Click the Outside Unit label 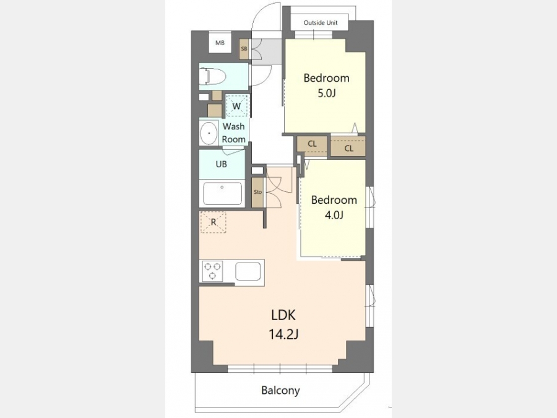tap(321, 23)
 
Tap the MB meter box tap(220, 43)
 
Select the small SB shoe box tap(244, 49)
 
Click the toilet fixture tap(213, 76)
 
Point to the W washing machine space tap(237, 105)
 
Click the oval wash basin tap(209, 133)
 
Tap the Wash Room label tap(234, 133)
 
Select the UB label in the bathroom tap(222, 164)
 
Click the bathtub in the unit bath tap(222, 194)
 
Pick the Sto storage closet tap(257, 192)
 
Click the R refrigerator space tap(213, 222)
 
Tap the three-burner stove tap(212, 271)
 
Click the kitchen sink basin tap(248, 272)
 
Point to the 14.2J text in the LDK tap(283, 334)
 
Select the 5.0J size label tap(326, 93)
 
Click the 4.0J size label tap(334, 215)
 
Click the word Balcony tap(280, 390)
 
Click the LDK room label tap(283, 315)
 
